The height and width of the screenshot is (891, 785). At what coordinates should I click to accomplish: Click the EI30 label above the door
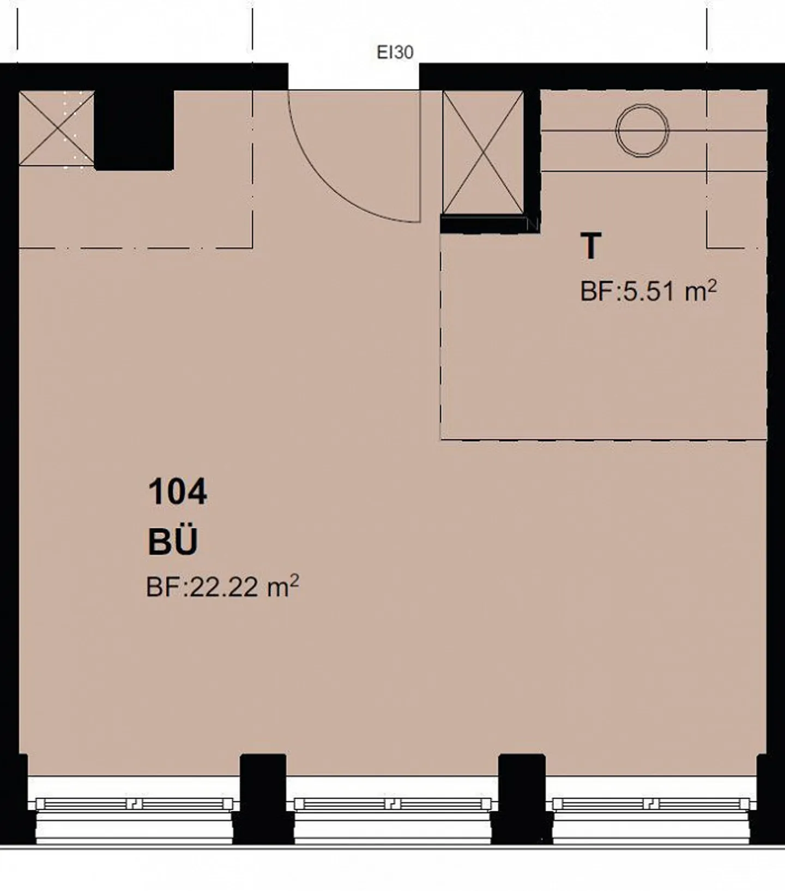tap(395, 52)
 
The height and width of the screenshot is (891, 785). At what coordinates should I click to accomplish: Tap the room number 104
tap(178, 491)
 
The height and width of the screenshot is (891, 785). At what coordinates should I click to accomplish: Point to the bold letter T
tap(591, 246)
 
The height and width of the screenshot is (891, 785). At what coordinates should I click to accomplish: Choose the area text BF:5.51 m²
tap(648, 291)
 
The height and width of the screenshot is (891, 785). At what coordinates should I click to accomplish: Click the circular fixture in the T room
tap(642, 131)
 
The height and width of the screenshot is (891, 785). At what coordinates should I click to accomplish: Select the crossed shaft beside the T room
tap(483, 153)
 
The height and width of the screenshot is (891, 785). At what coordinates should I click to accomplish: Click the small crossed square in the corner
tap(57, 129)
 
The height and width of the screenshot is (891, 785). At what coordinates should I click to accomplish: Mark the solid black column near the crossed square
tap(134, 130)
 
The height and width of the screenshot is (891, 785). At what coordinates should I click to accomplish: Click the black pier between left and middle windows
tap(263, 796)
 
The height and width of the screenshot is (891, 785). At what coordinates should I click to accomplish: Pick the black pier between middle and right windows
tap(522, 796)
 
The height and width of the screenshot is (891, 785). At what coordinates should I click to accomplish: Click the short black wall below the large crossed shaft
tap(489, 225)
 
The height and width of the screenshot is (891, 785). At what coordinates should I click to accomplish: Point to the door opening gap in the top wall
tap(353, 77)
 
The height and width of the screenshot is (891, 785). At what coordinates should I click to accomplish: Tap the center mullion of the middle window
tap(392, 804)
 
